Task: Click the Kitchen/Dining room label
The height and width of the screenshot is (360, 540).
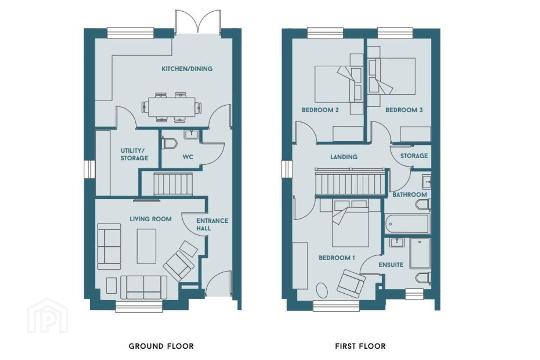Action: coord(187,69)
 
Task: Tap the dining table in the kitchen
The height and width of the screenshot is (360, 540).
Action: coord(172,107)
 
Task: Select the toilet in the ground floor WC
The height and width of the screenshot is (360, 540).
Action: coord(170,144)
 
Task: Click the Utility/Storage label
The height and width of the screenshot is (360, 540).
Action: coord(134,154)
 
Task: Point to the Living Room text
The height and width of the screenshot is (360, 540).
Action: coord(151,219)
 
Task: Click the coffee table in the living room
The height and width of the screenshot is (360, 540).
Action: coord(147,246)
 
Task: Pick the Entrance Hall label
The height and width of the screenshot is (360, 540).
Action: coord(212,225)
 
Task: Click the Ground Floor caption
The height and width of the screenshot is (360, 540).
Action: coord(161,346)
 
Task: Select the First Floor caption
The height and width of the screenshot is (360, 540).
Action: coord(360,346)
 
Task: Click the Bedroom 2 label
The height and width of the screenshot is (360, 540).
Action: coord(320,110)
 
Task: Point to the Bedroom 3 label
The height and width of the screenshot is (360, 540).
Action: coord(404,110)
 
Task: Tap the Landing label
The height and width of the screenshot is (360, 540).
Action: coord(344,157)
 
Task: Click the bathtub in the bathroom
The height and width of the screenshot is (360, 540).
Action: coord(407,223)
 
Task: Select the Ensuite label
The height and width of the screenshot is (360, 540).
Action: coord(391,265)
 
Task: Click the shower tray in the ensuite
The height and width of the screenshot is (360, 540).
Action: coord(420,253)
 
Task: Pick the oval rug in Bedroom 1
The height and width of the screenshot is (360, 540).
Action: coord(322,291)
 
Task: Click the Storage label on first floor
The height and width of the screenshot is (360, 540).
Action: coord(414,156)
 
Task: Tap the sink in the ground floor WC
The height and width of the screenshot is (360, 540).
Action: coord(191,135)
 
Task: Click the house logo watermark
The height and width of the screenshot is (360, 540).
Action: coord(48,315)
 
